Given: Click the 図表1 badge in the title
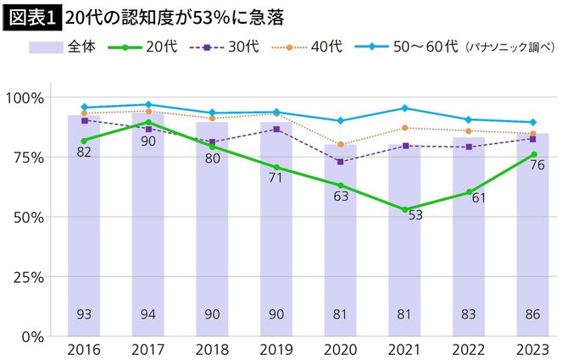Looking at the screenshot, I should tap(32, 17).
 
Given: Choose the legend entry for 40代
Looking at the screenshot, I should tap(325, 47).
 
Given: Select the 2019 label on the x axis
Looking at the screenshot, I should tap(276, 350).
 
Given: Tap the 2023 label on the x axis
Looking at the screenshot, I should tap(532, 350).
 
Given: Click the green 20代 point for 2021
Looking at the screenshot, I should tap(404, 209).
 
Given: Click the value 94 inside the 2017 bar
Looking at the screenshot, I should tap(148, 315).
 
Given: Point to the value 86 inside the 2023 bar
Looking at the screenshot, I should tap(532, 315).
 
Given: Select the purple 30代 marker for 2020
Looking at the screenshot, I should tap(340, 162).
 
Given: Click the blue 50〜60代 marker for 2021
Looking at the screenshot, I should tap(404, 108).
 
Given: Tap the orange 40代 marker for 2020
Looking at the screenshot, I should tap(340, 145).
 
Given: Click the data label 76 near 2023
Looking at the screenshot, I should tap(537, 165).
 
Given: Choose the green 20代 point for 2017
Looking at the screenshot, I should tap(148, 123).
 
